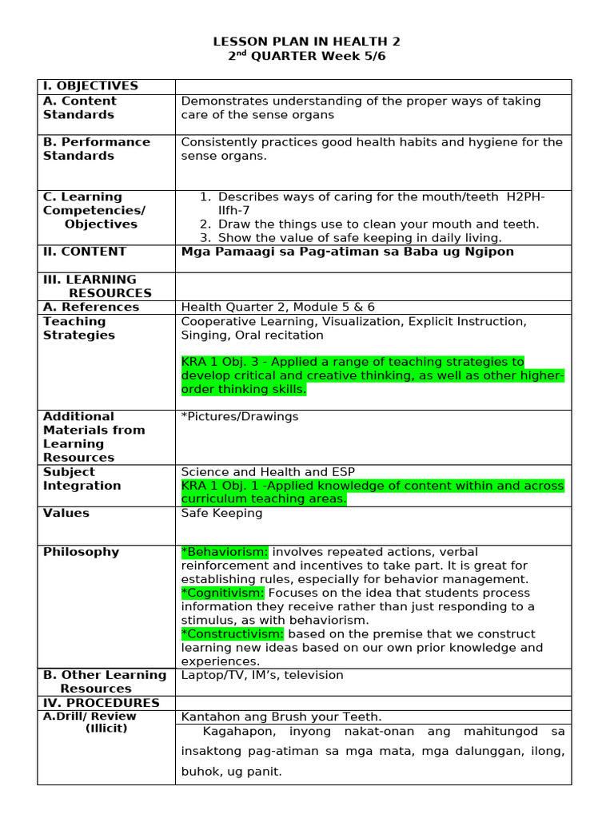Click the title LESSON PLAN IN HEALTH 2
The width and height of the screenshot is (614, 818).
[x=306, y=42]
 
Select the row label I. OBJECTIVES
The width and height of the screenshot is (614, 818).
[x=90, y=86]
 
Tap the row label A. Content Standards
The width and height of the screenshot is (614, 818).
[x=79, y=108]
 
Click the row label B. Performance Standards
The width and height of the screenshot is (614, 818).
[x=96, y=149]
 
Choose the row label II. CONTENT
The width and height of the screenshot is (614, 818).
[x=85, y=252]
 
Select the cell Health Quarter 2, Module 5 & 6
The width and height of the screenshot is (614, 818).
[x=277, y=307]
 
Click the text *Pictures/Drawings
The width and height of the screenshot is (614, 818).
[x=240, y=416]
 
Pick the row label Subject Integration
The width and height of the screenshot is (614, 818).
[x=82, y=478]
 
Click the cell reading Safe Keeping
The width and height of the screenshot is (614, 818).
[x=221, y=513]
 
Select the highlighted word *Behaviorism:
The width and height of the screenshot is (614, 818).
[x=225, y=552]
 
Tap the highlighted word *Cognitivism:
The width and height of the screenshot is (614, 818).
[x=223, y=593]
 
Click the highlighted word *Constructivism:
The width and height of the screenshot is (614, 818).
[x=232, y=633]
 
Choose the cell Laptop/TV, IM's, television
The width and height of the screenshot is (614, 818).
[x=262, y=675]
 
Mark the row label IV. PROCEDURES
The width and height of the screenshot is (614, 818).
[x=101, y=703]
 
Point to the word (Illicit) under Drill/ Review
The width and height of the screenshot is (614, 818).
[x=106, y=729]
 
